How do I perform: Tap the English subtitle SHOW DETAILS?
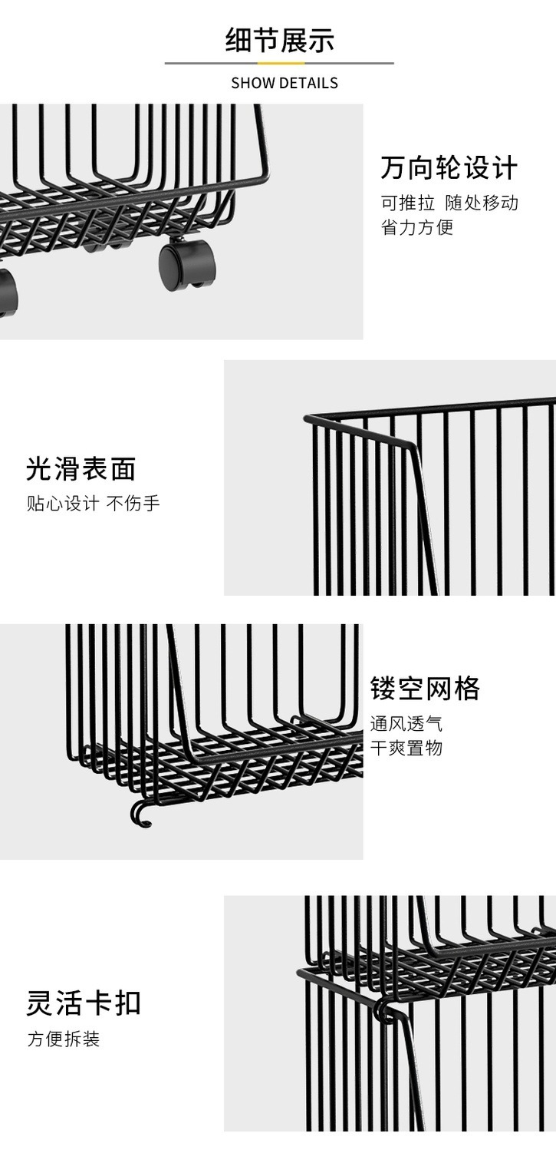click(x=285, y=83)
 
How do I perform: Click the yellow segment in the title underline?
click(x=281, y=64)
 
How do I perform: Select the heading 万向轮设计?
click(x=449, y=168)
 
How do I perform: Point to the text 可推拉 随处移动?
click(x=449, y=203)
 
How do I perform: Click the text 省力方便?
click(x=417, y=227)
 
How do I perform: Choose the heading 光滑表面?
click(x=81, y=469)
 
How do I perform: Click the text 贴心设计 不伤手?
click(x=94, y=503)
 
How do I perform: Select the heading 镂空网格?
click(x=425, y=689)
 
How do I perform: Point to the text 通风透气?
click(x=406, y=724)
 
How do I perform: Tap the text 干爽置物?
click(x=406, y=748)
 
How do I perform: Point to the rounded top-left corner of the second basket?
click(x=308, y=418)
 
